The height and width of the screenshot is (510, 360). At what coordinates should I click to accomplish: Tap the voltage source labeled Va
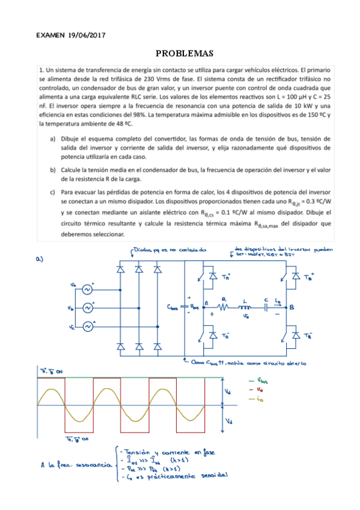pyautogui.click(x=88, y=289)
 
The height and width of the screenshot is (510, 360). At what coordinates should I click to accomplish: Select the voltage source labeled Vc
pyautogui.click(x=88, y=327)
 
